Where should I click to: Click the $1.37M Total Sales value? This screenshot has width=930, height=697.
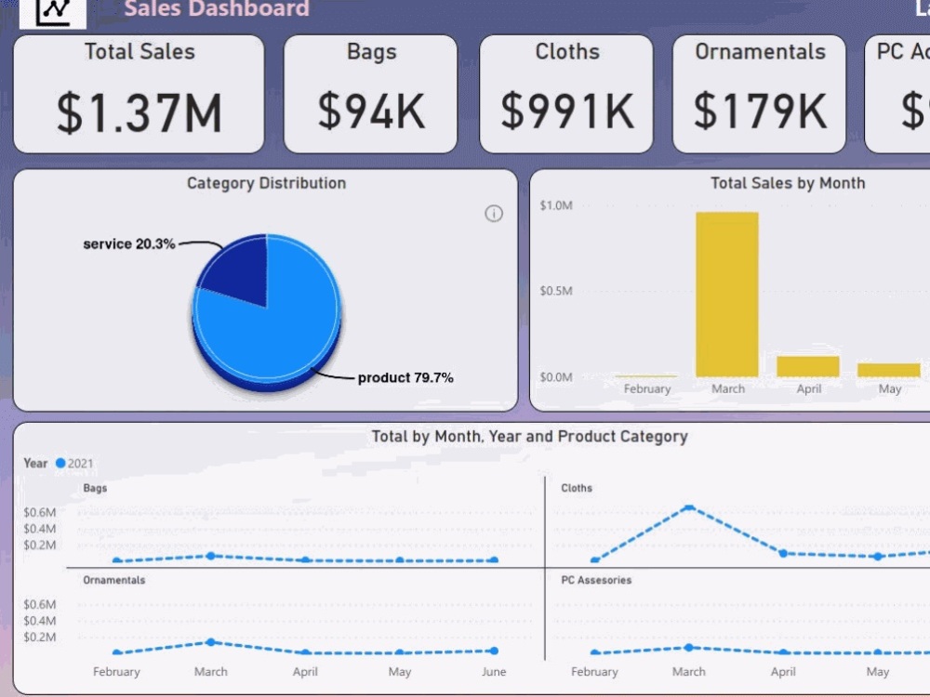(x=139, y=112)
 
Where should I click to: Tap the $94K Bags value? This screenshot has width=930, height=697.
(x=371, y=111)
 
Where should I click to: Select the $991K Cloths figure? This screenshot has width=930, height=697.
(x=567, y=111)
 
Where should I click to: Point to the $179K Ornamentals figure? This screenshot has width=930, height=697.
(x=760, y=111)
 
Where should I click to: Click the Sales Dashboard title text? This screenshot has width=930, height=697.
(x=216, y=9)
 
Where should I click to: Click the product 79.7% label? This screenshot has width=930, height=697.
(x=405, y=378)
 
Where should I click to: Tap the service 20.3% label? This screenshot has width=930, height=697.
(x=129, y=244)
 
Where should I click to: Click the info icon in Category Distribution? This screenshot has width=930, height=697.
(x=494, y=214)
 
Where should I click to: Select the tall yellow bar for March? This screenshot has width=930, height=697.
(x=727, y=294)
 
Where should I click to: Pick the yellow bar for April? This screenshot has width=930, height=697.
(x=808, y=366)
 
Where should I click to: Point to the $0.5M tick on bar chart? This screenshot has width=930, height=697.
(x=556, y=291)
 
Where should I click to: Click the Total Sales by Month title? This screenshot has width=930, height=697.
(x=788, y=183)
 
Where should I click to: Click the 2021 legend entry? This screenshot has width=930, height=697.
(x=75, y=463)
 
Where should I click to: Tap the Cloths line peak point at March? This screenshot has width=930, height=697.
(x=689, y=507)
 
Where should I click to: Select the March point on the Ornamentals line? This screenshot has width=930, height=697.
(x=211, y=642)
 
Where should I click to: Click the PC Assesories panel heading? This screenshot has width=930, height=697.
(x=596, y=580)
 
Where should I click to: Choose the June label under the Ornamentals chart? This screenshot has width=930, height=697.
(x=494, y=672)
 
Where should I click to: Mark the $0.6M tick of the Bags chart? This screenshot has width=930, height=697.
(x=40, y=512)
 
